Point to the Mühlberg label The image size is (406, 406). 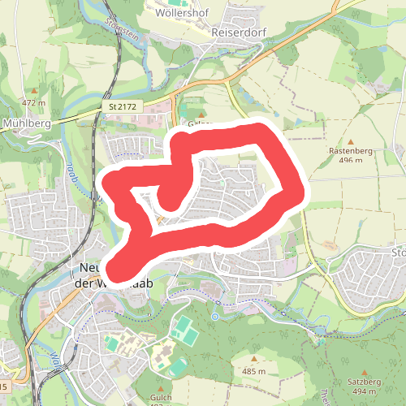tap(28, 123)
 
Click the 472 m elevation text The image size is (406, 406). tap(34, 103)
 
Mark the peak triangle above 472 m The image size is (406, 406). tap(35, 91)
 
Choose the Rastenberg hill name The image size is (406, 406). tap(351, 151)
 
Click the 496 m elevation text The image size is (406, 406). tap(351, 161)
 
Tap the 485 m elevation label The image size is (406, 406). tap(253, 371)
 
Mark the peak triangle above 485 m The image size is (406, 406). tap(253, 359)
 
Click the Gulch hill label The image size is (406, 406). tap(162, 397)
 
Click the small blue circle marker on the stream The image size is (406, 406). tap(217, 316)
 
